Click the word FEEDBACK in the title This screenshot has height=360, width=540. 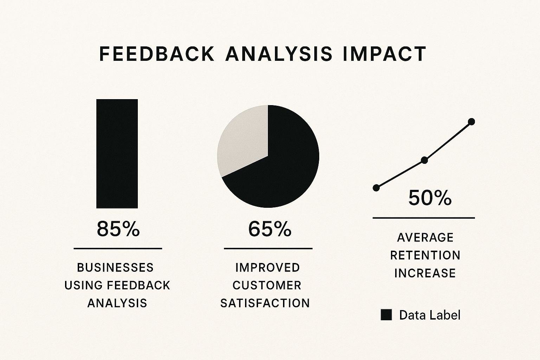click(156, 54)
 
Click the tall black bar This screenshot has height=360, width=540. click(117, 154)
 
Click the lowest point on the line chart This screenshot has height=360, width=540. click(376, 188)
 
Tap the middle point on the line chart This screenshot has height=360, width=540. click(424, 160)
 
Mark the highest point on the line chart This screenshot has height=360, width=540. click(471, 122)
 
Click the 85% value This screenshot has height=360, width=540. click(118, 229)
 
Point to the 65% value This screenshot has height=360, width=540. click(270, 229)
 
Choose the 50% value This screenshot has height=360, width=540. click(430, 198)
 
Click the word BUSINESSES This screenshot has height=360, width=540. click(115, 268)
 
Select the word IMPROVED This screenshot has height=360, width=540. click(268, 268)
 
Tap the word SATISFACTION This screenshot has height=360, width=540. click(265, 303)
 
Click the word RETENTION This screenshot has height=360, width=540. click(425, 255)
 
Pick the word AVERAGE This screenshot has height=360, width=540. click(425, 238)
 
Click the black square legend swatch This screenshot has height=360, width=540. click(386, 315)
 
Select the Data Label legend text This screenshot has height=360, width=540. click(430, 315)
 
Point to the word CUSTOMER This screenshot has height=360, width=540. click(267, 285)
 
